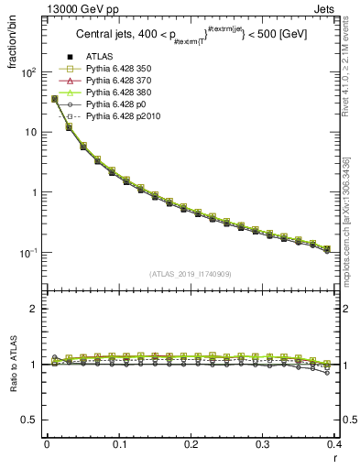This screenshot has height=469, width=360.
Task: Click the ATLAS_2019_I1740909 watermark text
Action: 192,273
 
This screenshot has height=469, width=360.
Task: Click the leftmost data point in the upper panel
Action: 55,99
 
